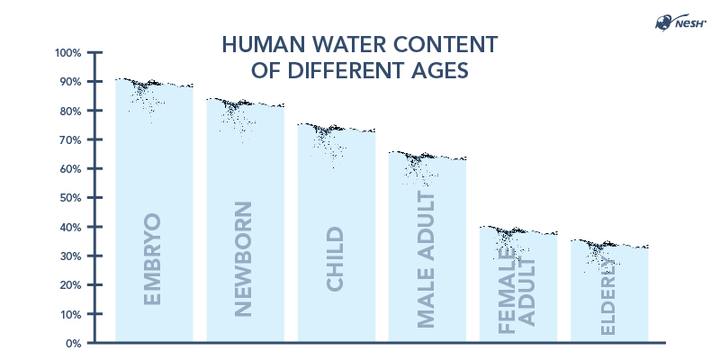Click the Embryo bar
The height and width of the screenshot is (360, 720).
coord(154,216)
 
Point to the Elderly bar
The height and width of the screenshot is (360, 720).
coord(609,292)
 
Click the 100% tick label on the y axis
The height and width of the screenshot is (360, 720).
coord(68,53)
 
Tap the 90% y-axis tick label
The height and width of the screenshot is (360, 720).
coord(70,82)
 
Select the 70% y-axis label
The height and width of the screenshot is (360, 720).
coord(70,140)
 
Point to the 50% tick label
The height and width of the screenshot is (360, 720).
coord(70,198)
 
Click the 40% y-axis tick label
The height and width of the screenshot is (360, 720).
coord(70,227)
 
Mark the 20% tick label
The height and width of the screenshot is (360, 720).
coord(70,285)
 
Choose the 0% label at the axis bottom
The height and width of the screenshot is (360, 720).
coord(73,343)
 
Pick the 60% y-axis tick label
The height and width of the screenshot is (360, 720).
coord(70,169)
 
